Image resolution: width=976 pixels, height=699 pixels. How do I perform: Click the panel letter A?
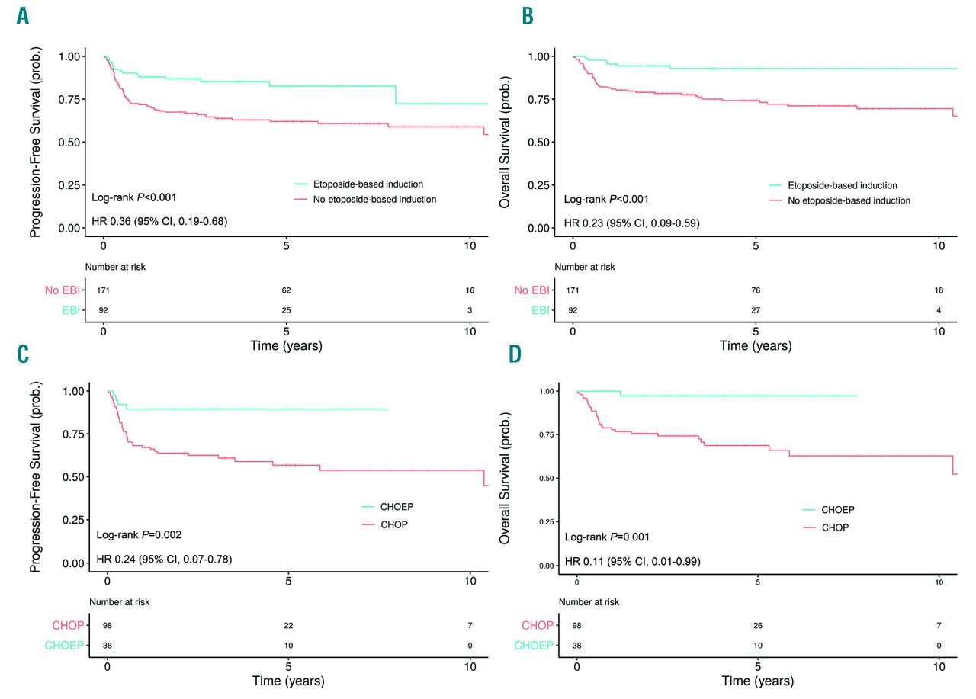(23, 16)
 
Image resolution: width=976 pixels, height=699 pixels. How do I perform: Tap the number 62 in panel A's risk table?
(286, 290)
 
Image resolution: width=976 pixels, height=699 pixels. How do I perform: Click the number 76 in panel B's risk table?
(755, 290)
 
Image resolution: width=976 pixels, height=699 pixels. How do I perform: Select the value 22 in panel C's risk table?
(287, 626)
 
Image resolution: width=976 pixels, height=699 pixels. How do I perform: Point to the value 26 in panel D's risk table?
(758, 626)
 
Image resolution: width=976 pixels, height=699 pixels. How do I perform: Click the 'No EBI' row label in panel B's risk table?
(532, 290)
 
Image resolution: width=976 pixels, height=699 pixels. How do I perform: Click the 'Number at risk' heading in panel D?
(588, 602)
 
